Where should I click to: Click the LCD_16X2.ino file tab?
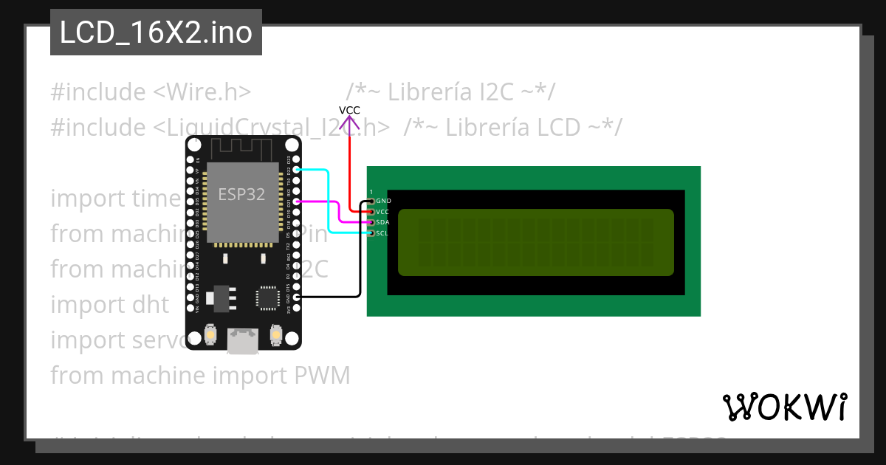pos(156,32)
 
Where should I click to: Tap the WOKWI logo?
pos(784,407)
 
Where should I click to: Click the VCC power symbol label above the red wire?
pos(349,111)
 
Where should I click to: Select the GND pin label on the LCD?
pos(383,201)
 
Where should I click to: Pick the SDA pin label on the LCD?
pos(382,222)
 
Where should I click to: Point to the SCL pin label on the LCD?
pos(382,233)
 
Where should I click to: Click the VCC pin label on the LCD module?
pos(382,212)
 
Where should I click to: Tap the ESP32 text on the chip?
pos(241,194)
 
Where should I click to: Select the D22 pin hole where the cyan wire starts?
pos(296,170)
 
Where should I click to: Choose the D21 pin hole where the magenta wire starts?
pos(296,201)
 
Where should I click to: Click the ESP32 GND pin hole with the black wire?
pos(296,297)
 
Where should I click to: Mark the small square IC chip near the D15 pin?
pos(267,297)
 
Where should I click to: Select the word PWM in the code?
pos(322,376)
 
